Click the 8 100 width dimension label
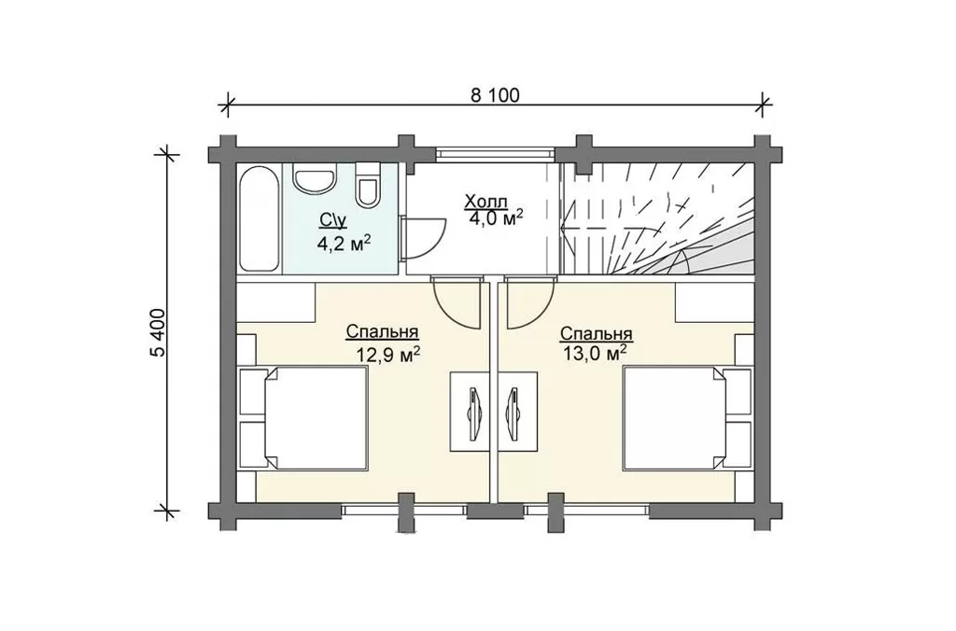point(495,96)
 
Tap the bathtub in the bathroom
point(260,219)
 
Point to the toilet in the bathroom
point(368,185)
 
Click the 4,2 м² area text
point(344,244)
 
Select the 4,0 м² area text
point(497,217)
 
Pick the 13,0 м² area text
point(596,353)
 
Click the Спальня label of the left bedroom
point(382,332)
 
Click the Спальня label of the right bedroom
point(596,334)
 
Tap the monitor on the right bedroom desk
point(513,413)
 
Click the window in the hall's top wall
point(495,152)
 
